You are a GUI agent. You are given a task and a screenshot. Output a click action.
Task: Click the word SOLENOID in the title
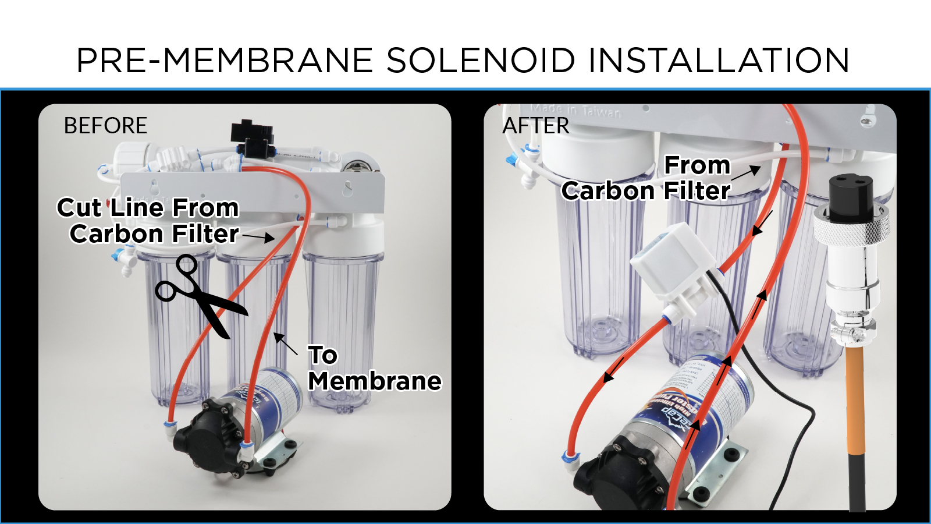(481, 61)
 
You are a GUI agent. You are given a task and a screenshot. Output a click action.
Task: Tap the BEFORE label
(105, 126)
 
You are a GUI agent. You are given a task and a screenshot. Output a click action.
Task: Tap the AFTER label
(536, 126)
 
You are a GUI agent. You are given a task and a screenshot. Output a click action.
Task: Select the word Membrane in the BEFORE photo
(375, 381)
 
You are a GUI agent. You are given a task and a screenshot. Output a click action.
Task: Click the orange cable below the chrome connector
(855, 396)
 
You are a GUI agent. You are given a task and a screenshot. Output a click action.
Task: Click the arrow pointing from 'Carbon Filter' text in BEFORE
(258, 236)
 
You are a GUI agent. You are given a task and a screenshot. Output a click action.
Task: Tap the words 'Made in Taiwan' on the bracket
(575, 110)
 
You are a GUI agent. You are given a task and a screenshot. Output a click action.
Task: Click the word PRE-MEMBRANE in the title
(225, 61)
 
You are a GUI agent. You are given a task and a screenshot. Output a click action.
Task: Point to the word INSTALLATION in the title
(719, 61)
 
